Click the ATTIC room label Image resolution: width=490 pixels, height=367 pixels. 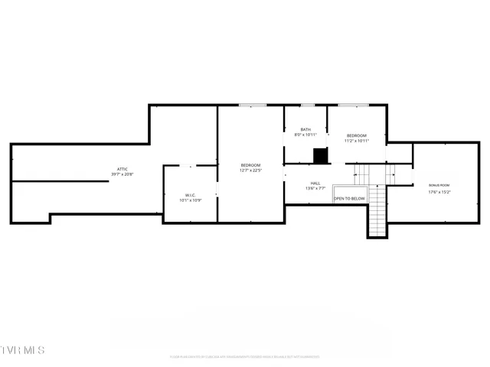click(122, 169)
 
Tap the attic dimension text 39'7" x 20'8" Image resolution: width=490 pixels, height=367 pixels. click(122, 174)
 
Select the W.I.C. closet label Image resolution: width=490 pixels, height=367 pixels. click(191, 195)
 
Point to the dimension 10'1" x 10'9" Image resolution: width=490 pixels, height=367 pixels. click(191, 200)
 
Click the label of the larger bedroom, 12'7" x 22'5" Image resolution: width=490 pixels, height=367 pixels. click(250, 165)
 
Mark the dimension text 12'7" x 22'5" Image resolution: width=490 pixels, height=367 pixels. click(250, 171)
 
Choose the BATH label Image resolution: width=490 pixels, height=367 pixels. click(305, 129)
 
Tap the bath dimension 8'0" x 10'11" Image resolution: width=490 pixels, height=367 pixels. click(305, 135)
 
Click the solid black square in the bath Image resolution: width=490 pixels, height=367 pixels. click(320, 155)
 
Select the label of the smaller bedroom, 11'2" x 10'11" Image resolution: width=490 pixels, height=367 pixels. click(357, 135)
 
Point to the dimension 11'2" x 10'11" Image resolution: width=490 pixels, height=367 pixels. click(357, 141)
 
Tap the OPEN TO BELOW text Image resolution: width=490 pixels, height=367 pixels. click(350, 199)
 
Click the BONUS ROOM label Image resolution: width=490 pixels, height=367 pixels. click(439, 186)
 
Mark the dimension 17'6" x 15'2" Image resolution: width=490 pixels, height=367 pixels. click(439, 192)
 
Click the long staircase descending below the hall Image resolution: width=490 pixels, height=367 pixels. click(377, 218)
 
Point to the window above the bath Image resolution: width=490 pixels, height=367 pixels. click(307, 105)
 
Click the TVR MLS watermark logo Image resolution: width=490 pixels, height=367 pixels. click(23, 350)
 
